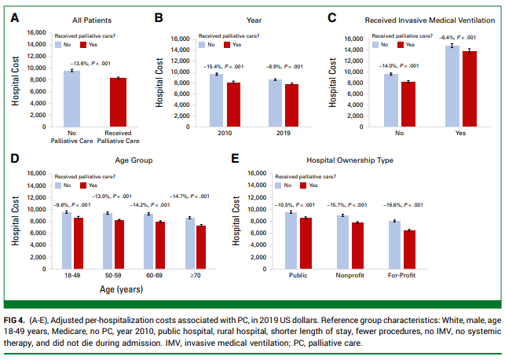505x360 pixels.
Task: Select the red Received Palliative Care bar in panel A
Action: point(118,102)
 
